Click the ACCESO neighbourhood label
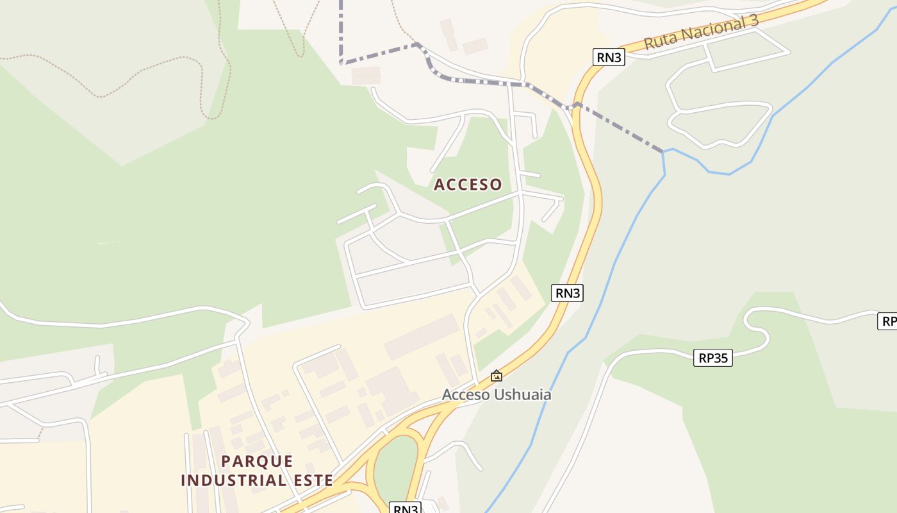tap(468, 185)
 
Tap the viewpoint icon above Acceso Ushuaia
tap(496, 376)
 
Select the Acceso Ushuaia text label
tap(497, 394)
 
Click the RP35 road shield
tap(712, 358)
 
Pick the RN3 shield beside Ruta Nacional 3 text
tap(608, 57)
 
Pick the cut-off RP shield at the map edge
tap(887, 321)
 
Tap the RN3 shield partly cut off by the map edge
tap(405, 509)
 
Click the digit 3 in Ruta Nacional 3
tap(753, 20)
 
